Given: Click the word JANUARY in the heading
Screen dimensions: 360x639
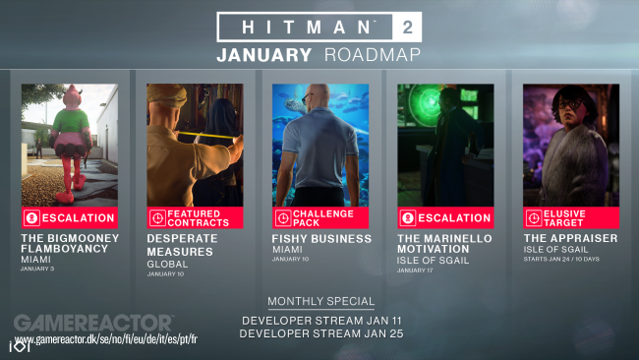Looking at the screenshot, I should [264, 55].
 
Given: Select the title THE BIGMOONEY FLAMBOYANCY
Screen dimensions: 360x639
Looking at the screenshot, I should [70, 243].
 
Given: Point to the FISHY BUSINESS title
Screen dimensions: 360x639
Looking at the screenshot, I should [321, 238].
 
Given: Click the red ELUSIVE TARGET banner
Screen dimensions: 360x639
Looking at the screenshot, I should [571, 217].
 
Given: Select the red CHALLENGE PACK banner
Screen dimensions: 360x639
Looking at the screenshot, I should [320, 217].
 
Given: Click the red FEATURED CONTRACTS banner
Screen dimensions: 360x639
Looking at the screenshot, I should [195, 217].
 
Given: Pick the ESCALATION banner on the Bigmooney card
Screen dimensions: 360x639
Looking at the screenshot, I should [70, 217].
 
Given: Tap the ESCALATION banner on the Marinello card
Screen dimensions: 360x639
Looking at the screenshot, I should [445, 217].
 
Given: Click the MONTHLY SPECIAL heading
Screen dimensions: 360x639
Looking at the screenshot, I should [320, 301].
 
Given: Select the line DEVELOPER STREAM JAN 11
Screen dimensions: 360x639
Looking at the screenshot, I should [320, 320].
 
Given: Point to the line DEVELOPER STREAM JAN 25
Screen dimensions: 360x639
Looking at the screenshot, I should [320, 333].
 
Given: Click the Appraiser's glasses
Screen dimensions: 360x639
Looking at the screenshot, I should [566, 108].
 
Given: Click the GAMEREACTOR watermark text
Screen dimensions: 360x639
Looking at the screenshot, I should [93, 323].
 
